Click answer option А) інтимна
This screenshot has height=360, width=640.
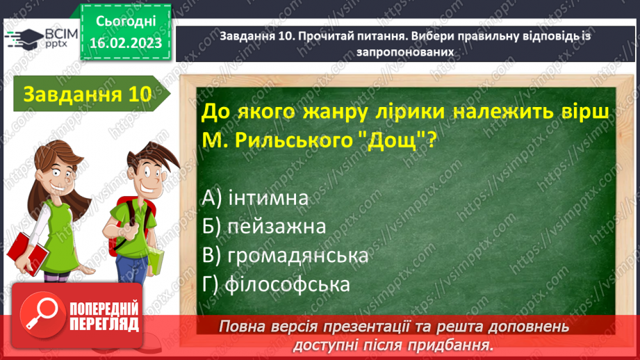tap(256, 198)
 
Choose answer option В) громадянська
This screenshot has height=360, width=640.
tap(286, 256)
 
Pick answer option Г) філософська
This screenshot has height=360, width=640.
tap(276, 284)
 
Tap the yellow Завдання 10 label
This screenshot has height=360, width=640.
tap(87, 95)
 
